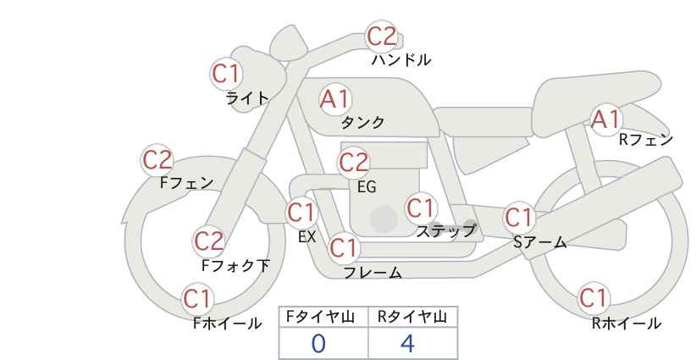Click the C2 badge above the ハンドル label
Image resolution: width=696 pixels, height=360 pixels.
point(382,36)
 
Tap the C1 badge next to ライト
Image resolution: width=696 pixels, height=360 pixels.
point(226,74)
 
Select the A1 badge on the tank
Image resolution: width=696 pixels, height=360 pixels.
point(335,99)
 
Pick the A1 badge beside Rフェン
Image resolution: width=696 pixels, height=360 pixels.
point(605,119)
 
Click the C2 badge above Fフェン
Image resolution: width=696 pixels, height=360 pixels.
point(157,160)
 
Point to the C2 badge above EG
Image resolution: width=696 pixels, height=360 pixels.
point(354,163)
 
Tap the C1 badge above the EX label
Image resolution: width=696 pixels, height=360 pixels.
point(301,213)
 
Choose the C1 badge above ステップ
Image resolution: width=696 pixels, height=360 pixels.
point(421,208)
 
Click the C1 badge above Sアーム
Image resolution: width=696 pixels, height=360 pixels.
point(519,218)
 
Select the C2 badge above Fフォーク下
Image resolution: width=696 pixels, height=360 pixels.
point(209,241)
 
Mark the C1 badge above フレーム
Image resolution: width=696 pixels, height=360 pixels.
point(344,247)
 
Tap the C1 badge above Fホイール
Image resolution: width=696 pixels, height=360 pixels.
point(197,299)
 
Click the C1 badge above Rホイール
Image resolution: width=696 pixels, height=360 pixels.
point(594,297)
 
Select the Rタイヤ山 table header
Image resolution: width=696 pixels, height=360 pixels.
point(412,317)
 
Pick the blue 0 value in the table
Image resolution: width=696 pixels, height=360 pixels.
point(318,344)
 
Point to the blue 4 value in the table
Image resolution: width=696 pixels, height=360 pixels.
point(407,344)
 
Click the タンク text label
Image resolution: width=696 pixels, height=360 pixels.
point(362,123)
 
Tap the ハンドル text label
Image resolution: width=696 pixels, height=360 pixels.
point(401,59)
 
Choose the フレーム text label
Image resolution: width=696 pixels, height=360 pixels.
point(373,273)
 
